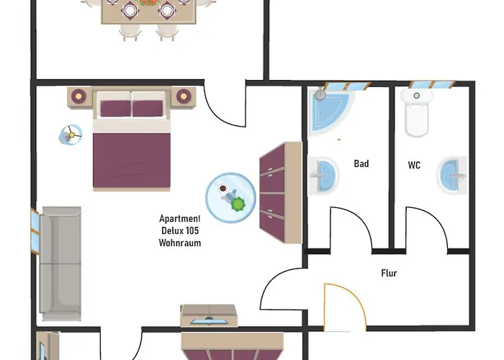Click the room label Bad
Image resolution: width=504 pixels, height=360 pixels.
(x=361, y=163)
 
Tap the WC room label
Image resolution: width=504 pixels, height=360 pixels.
(x=414, y=165)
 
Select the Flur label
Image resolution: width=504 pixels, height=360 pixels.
(x=389, y=273)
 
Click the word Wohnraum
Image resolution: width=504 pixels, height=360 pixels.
(x=180, y=243)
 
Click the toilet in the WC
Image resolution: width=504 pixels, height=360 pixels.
(x=417, y=112)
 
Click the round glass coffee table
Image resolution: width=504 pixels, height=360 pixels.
(x=231, y=198)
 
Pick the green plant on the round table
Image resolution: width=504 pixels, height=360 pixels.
(x=238, y=204)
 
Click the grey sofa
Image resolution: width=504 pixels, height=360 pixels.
(x=60, y=264)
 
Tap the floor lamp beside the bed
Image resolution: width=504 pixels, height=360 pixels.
(x=71, y=135)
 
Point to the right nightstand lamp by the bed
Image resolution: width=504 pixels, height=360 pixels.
(x=183, y=96)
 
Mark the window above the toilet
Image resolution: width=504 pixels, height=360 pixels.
(x=432, y=84)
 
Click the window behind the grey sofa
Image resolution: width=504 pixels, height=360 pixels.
(x=35, y=231)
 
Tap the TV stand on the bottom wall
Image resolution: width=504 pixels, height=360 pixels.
(x=209, y=315)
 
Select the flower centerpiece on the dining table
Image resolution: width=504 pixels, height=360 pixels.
(x=148, y=3)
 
